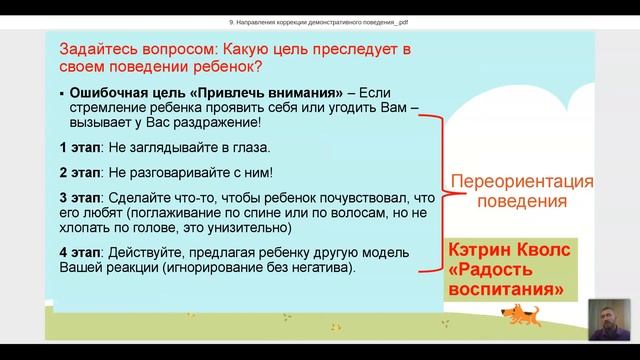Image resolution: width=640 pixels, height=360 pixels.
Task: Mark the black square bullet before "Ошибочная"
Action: coord(61,92)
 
